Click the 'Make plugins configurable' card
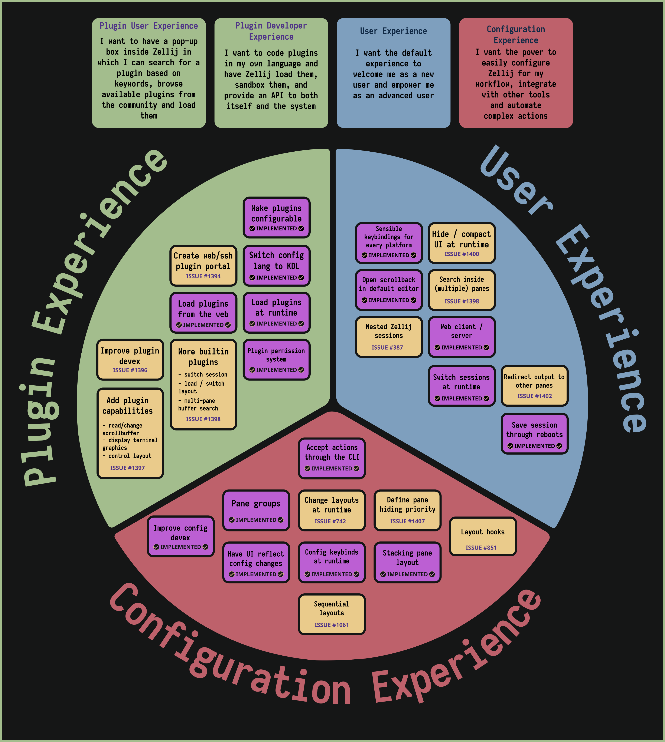(x=277, y=218)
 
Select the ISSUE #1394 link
(x=203, y=276)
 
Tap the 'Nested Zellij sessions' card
(x=389, y=337)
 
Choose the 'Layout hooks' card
(x=483, y=536)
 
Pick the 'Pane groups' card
(x=256, y=510)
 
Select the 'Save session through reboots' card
(x=535, y=434)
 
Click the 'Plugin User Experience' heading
(x=149, y=26)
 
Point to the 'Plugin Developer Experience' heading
(x=271, y=31)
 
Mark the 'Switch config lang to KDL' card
(x=277, y=266)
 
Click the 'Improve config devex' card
(x=180, y=536)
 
